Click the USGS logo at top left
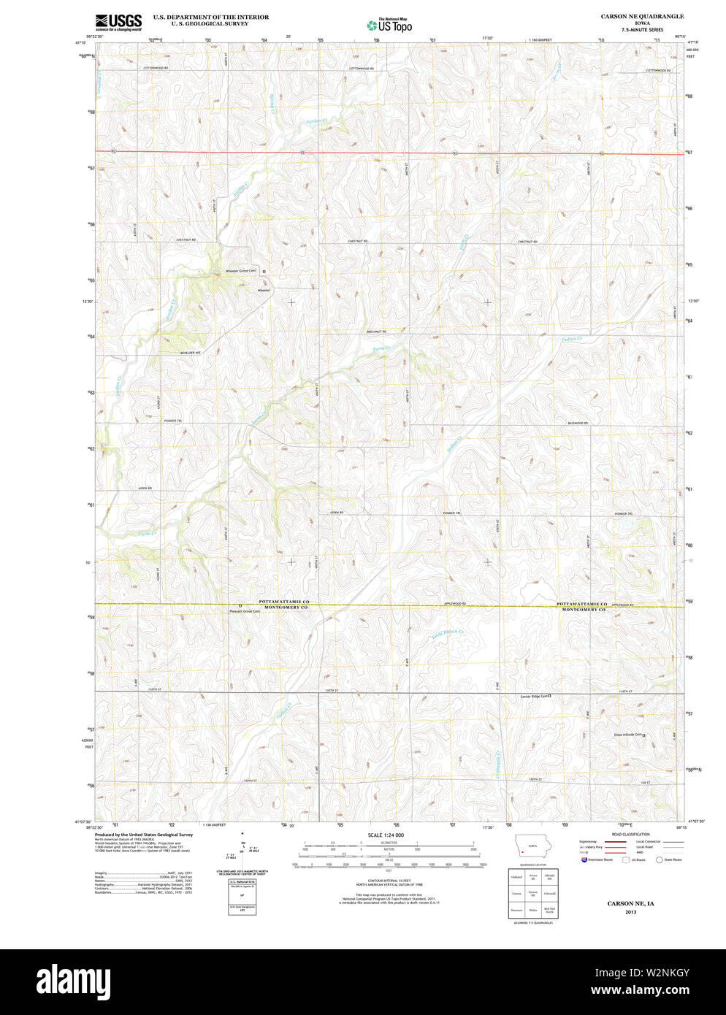(x=118, y=21)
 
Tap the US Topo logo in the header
(x=389, y=26)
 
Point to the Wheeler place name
(x=264, y=290)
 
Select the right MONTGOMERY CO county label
(x=584, y=609)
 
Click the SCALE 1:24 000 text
(x=386, y=835)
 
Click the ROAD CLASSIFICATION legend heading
(x=631, y=834)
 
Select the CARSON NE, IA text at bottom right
(x=630, y=903)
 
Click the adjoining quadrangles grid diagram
(x=532, y=893)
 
